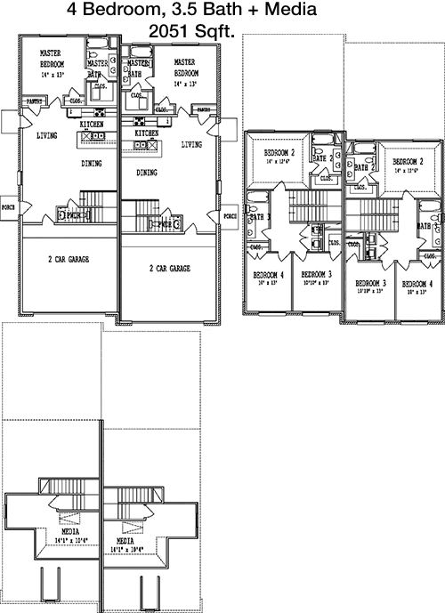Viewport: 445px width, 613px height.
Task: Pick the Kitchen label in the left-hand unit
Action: point(91,125)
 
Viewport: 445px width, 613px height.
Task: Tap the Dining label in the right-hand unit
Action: point(149,173)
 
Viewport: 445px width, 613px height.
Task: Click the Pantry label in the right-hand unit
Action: point(204,110)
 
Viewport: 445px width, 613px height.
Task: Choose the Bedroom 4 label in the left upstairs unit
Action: point(268,274)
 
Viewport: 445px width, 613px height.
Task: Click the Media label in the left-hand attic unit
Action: point(61,532)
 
